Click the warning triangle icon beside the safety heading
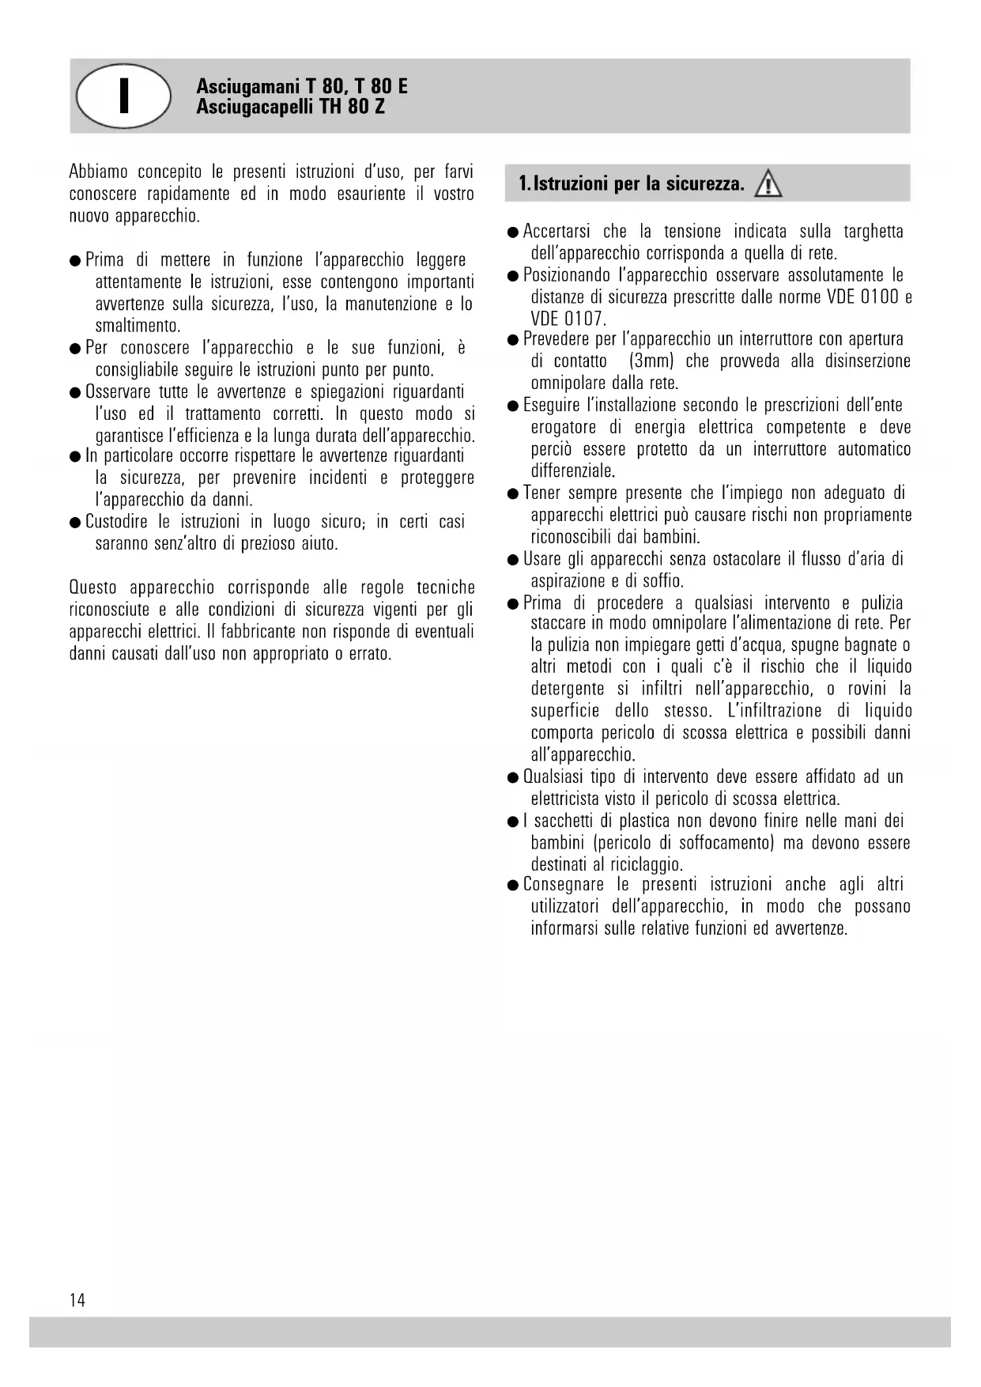(768, 185)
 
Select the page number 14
(77, 1300)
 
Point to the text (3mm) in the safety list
(651, 361)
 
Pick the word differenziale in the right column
(572, 471)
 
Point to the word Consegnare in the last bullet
(563, 885)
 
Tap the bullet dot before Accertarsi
(513, 232)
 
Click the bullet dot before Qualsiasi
(513, 778)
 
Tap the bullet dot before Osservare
(75, 393)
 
